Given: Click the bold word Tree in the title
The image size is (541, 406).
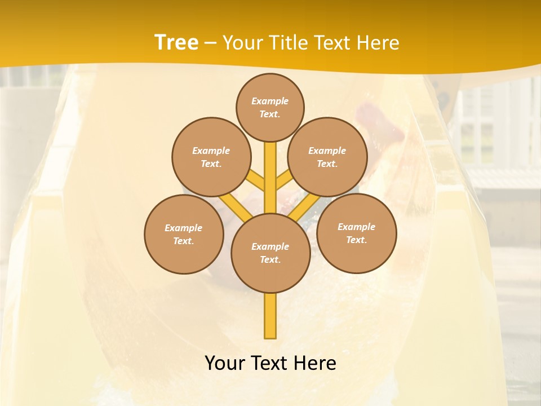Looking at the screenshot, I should [176, 43].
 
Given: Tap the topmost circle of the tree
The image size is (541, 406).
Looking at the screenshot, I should [270, 107].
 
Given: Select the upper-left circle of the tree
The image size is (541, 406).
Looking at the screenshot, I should [211, 157].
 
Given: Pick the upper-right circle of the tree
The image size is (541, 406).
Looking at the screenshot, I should [327, 157].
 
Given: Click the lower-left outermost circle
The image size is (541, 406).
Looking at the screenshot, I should [184, 234].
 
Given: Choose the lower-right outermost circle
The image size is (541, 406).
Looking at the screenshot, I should [357, 233].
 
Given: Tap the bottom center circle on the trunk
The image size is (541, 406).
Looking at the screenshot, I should [270, 253].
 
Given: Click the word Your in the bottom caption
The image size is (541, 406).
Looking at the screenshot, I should [225, 363].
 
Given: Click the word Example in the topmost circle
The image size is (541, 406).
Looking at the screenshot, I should [270, 101].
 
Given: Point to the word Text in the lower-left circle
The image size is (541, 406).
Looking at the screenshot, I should [183, 241].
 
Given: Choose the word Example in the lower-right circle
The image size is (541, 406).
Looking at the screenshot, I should [356, 227].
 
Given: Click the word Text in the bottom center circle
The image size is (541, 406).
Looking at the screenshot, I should [270, 259].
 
